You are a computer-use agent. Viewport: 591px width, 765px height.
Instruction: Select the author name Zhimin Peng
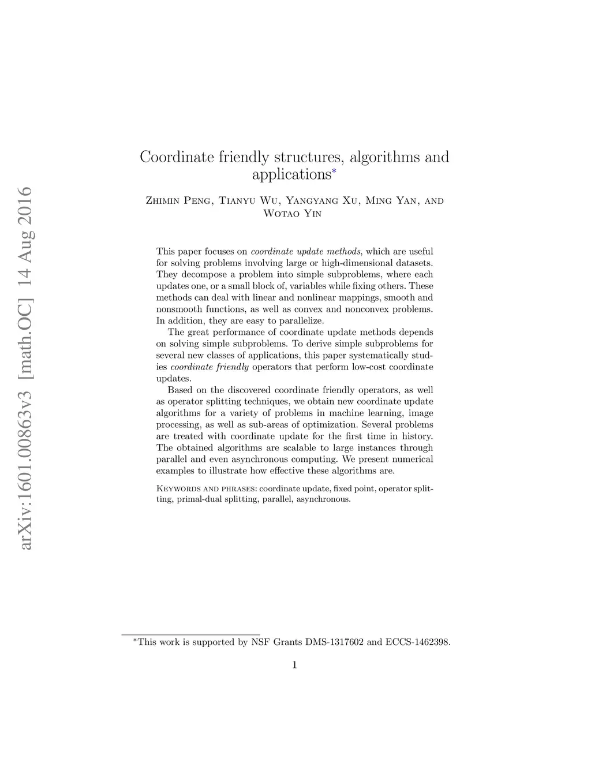[179, 201]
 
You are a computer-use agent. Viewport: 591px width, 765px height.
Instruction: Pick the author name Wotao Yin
[292, 214]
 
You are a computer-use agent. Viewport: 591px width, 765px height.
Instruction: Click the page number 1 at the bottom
[294, 665]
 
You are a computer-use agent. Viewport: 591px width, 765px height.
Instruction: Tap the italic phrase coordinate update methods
[305, 252]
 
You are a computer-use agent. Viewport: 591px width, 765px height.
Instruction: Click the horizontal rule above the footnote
[190, 634]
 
